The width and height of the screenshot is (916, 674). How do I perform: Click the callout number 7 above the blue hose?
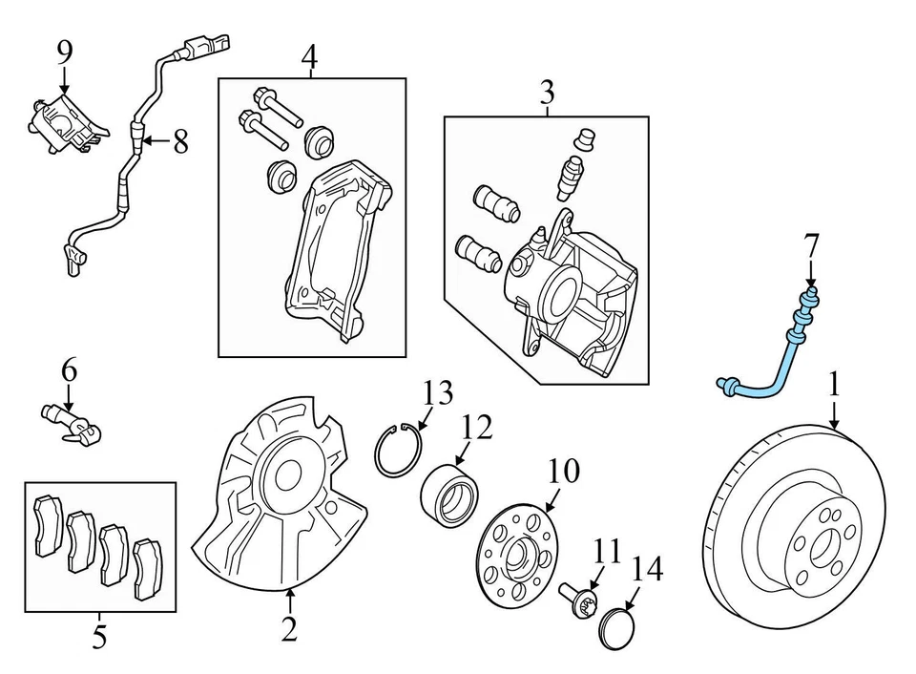810,248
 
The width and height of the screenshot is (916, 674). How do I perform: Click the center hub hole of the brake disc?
821,546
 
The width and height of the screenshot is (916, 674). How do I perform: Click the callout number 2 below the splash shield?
289,629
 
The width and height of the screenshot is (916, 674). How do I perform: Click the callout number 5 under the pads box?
99,637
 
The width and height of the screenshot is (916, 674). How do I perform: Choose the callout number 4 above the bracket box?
308,58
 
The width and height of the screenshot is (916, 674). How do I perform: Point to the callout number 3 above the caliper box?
547,94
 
